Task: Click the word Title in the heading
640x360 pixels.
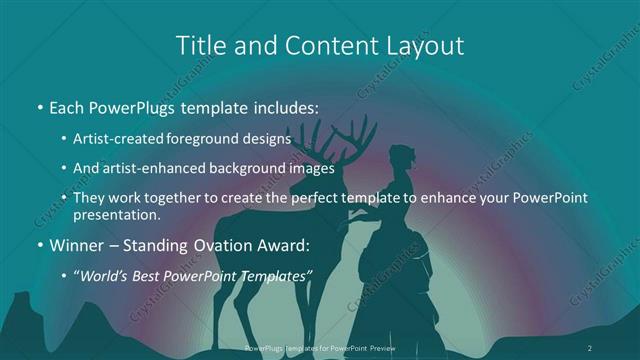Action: coord(200,45)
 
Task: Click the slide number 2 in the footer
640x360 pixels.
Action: coord(590,346)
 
